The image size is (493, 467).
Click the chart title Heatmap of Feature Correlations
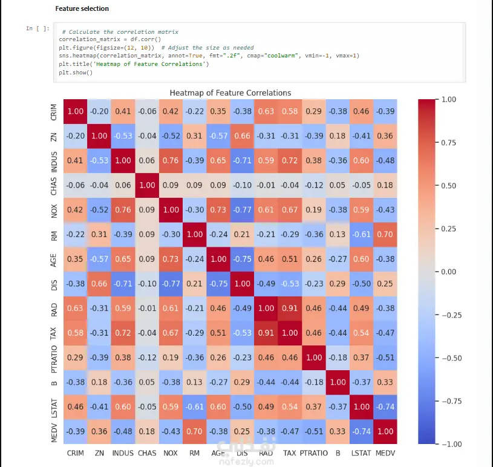click(230, 93)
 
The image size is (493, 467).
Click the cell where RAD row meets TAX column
click(290, 309)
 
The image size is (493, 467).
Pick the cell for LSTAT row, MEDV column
click(385, 407)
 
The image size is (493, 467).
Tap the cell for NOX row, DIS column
click(242, 210)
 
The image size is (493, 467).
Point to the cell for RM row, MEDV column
click(385, 235)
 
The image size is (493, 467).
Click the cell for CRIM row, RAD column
click(266, 111)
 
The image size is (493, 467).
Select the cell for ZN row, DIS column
click(242, 136)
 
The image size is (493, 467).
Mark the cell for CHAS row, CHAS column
click(147, 185)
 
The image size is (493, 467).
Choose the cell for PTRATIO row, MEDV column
click(385, 358)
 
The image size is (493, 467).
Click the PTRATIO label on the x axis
click(313, 452)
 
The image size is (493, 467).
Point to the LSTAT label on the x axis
click(361, 452)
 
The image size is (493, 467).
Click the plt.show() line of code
click(76, 73)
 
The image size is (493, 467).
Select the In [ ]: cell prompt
click(34, 28)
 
